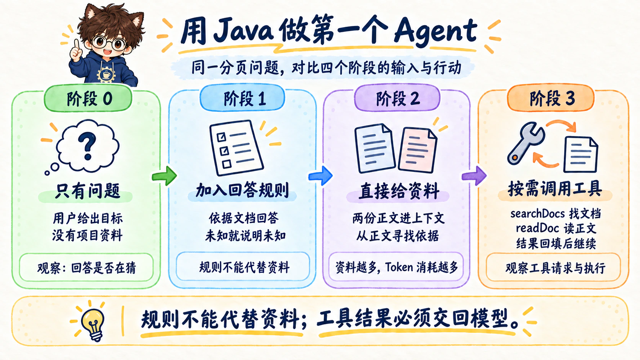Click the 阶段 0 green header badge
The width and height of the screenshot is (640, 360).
(88, 99)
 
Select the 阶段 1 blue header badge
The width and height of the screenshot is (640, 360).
(243, 98)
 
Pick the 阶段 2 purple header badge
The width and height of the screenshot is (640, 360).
(397, 98)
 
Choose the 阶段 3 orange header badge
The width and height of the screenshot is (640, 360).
(550, 98)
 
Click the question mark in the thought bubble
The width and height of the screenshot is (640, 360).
(87, 147)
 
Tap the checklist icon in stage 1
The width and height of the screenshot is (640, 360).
(236, 148)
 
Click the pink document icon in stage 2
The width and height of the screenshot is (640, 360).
(418, 150)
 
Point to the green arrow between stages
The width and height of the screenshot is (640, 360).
(164, 176)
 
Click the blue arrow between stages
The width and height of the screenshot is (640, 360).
(320, 176)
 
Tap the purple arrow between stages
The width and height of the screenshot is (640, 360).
(474, 176)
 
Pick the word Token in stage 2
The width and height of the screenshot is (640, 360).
(399, 267)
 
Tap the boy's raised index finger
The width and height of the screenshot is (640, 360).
(77, 44)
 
